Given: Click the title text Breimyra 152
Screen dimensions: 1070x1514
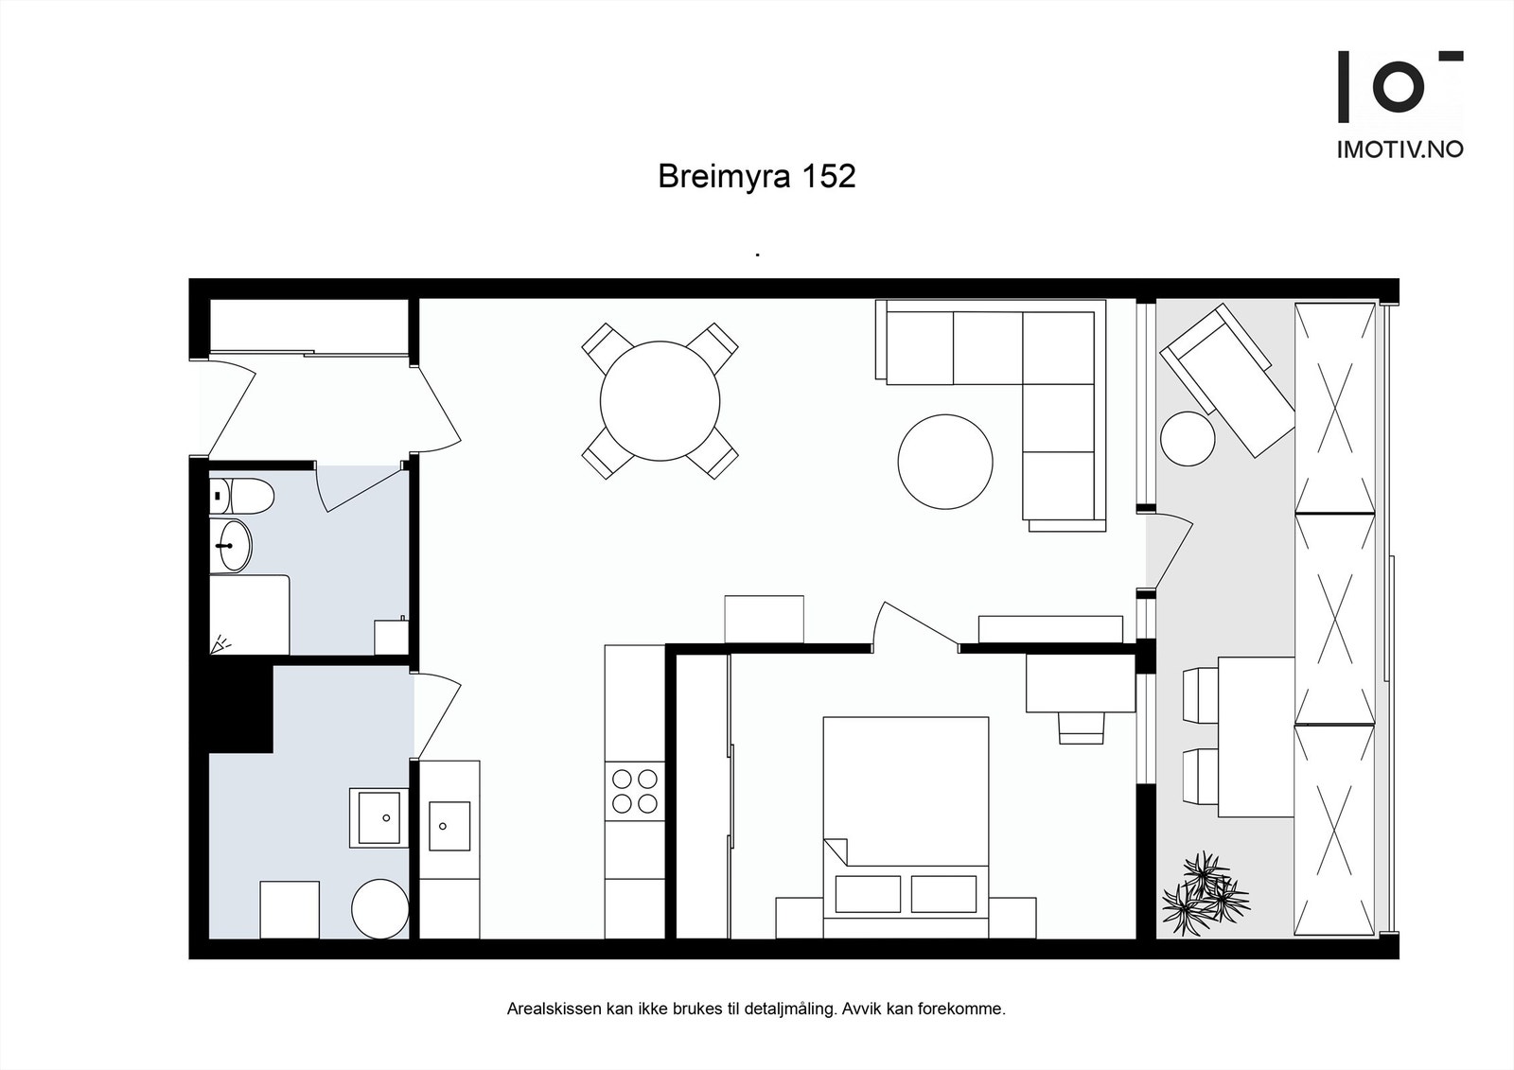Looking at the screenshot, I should click(x=756, y=177).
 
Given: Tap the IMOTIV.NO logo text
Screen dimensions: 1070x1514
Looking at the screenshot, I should click(x=1400, y=149).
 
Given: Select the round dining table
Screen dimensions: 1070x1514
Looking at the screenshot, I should click(x=660, y=400).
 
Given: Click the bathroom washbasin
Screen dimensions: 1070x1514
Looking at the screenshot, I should click(x=231, y=546).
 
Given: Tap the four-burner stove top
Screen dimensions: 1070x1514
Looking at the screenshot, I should click(x=635, y=792).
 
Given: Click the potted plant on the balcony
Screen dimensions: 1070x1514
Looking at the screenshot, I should click(x=1205, y=894).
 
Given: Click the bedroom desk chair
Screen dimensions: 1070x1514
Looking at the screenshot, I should click(x=1081, y=728).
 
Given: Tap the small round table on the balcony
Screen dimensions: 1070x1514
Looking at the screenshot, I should click(x=1188, y=438).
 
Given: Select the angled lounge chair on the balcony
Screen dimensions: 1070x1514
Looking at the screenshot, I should click(x=1228, y=379).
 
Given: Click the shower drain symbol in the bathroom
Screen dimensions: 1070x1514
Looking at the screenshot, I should click(x=220, y=644).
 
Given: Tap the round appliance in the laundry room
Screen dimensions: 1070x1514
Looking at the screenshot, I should click(x=379, y=908).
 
